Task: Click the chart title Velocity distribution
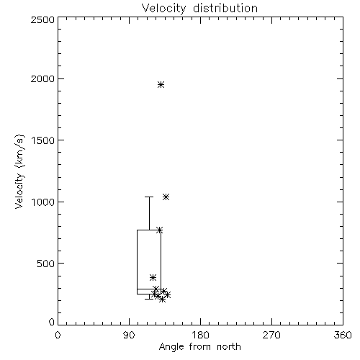pyautogui.click(x=199, y=9)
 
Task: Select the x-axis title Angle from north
pyautogui.click(x=199, y=347)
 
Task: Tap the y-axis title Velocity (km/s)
pyautogui.click(x=19, y=171)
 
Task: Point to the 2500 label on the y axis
pyautogui.click(x=42, y=19)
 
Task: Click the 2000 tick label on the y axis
pyautogui.click(x=42, y=78)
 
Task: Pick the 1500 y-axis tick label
pyautogui.click(x=43, y=140)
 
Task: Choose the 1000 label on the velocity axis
pyautogui.click(x=43, y=202)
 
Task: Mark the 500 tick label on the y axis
pyautogui.click(x=46, y=264)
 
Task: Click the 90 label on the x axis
pyautogui.click(x=129, y=335)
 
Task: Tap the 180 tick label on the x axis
pyautogui.click(x=200, y=335)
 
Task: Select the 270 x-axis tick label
pyautogui.click(x=271, y=335)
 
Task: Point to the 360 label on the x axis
pyautogui.click(x=343, y=335)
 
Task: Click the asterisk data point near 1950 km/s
pyautogui.click(x=161, y=84)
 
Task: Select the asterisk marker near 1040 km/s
pyautogui.click(x=166, y=197)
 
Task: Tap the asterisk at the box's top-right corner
pyautogui.click(x=160, y=230)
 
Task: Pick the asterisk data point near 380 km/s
pyautogui.click(x=153, y=278)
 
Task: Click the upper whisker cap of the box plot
pyautogui.click(x=149, y=197)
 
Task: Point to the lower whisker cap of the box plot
pyautogui.click(x=149, y=299)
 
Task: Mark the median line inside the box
pyautogui.click(x=149, y=289)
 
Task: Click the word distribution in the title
pyautogui.click(x=225, y=9)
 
